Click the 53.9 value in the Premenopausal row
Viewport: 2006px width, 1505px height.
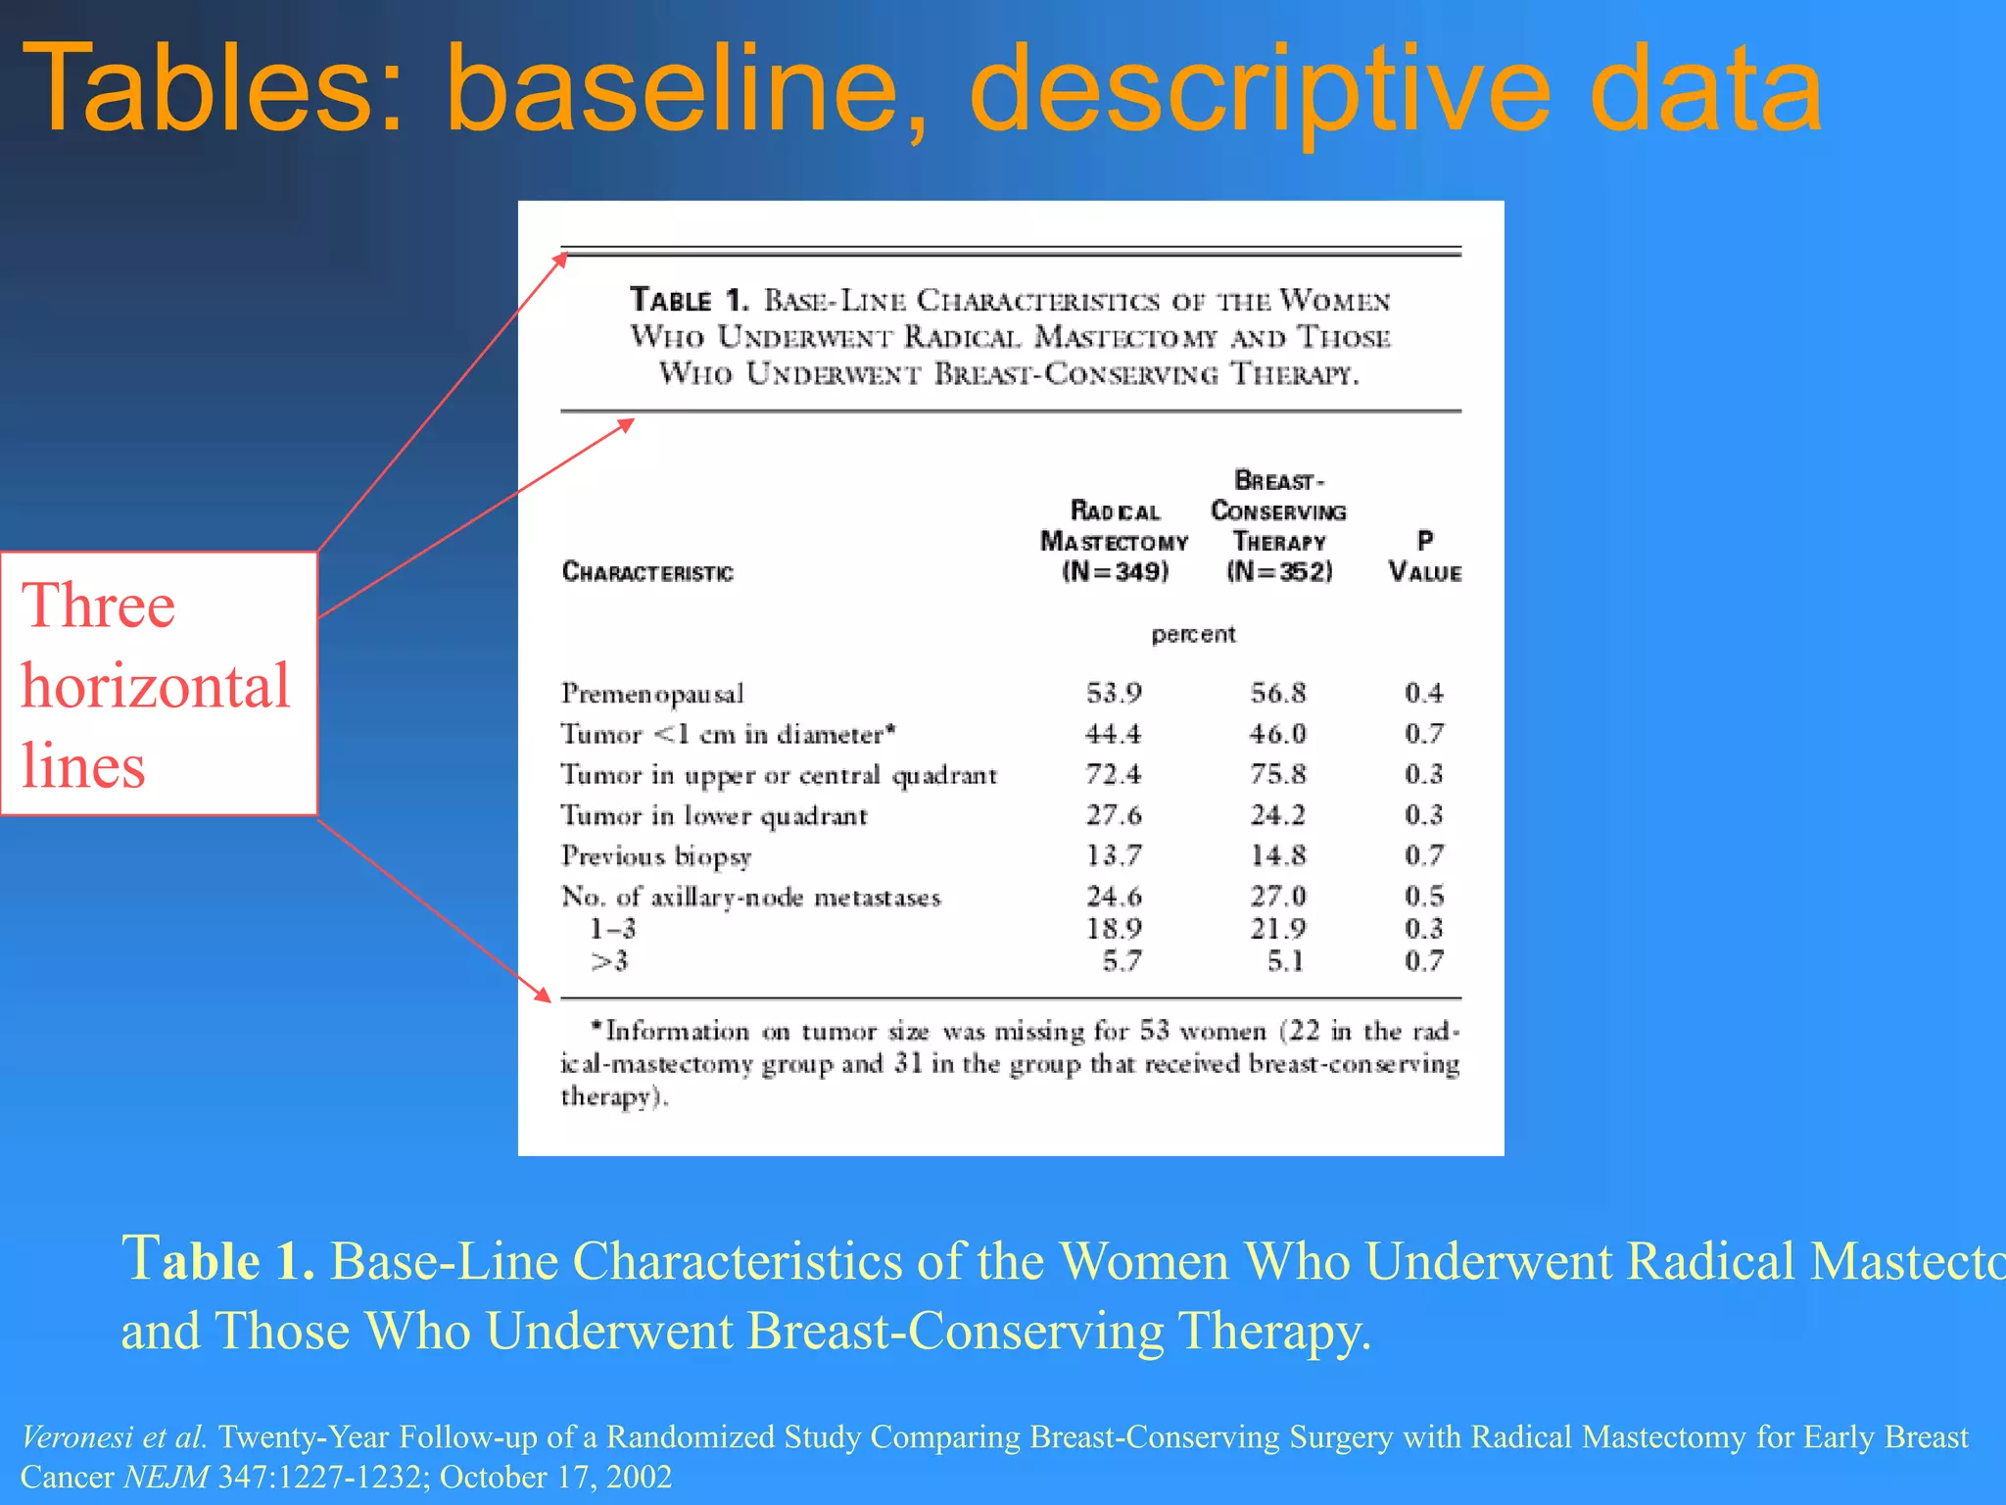(x=1114, y=694)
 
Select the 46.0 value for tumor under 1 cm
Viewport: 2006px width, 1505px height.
(x=1277, y=734)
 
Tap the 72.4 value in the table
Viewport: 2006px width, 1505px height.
(x=1114, y=775)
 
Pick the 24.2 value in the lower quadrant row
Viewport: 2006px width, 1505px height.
(x=1277, y=815)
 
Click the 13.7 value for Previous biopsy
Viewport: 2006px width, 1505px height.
(x=1114, y=856)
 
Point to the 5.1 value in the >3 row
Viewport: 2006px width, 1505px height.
(x=1285, y=961)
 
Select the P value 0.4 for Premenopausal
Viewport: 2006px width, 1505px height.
(x=1423, y=694)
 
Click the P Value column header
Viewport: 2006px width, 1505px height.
(x=1424, y=557)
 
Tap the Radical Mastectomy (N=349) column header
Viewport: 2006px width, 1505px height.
(x=1115, y=541)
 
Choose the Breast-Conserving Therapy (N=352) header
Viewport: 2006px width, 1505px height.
(x=1278, y=526)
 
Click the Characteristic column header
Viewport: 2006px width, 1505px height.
(x=647, y=572)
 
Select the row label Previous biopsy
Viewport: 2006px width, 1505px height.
(x=656, y=856)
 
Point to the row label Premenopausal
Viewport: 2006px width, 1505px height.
(x=652, y=694)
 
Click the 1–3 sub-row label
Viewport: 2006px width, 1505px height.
(x=612, y=929)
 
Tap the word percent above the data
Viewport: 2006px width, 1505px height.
(x=1193, y=634)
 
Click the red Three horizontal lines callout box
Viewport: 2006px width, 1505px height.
(x=159, y=683)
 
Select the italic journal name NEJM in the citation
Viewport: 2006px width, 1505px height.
(x=166, y=1477)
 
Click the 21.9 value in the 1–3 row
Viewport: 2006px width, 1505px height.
(x=1277, y=929)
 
